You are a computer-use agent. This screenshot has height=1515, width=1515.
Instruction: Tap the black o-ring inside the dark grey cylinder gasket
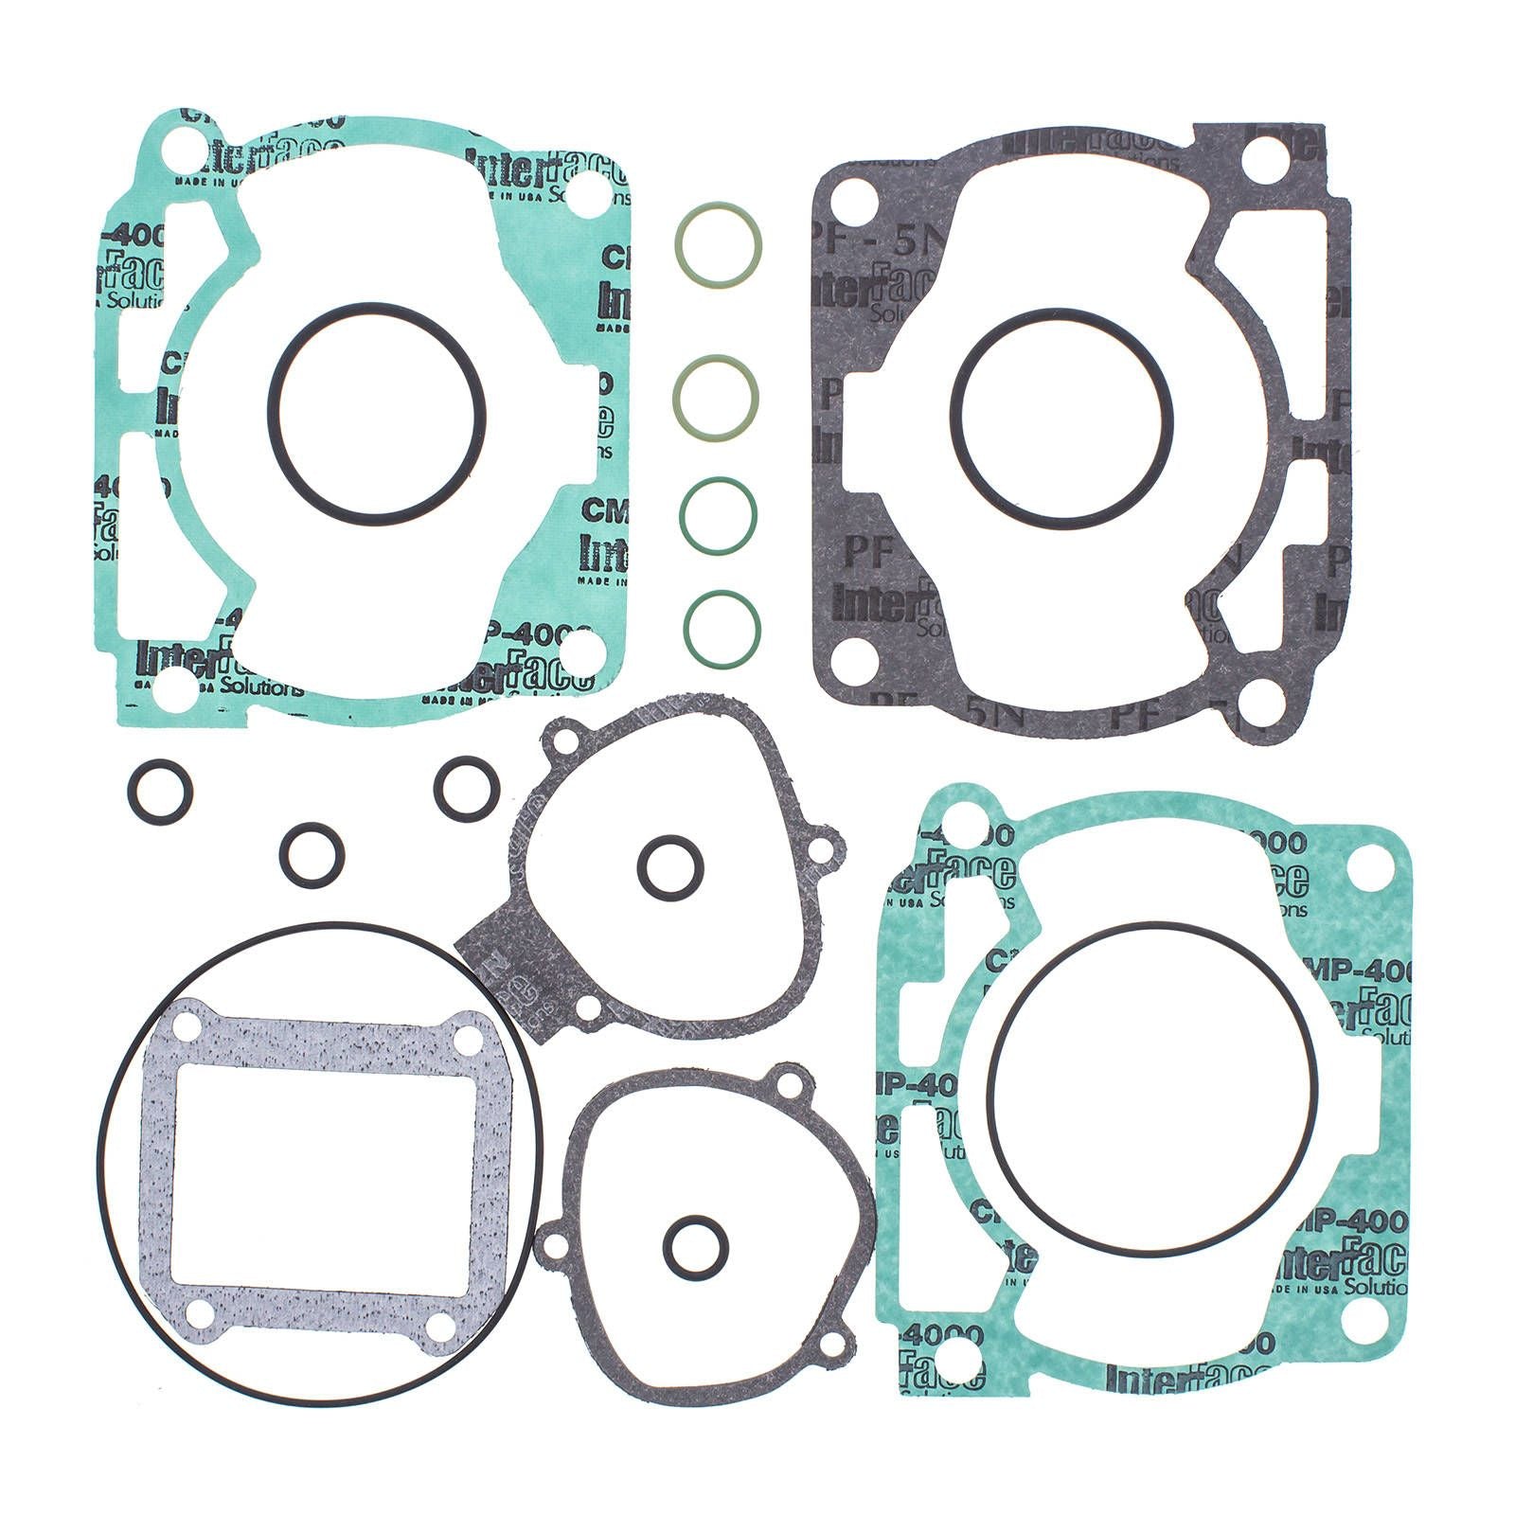pos(1061,313)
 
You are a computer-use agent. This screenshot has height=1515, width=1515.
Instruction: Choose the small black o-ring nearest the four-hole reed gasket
pos(312,855)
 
